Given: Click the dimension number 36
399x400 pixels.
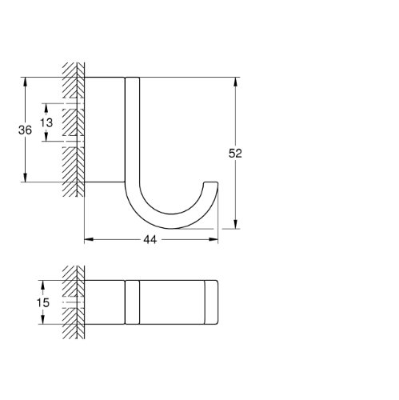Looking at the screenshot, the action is [25, 130].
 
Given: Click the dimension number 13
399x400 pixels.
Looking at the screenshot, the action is [46, 123].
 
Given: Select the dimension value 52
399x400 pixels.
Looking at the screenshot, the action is [235, 154].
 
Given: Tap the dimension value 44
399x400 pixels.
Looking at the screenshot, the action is [150, 240].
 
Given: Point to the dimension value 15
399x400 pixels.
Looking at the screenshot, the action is [43, 302].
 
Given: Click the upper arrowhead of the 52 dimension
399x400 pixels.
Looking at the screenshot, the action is [235, 82].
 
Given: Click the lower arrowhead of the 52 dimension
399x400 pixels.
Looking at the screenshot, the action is [235, 224].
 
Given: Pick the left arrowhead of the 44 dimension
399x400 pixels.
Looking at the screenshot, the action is [89, 239].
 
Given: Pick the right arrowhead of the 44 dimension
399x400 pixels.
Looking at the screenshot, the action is [213, 239].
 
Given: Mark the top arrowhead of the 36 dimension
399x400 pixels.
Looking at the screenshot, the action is [26, 82].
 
